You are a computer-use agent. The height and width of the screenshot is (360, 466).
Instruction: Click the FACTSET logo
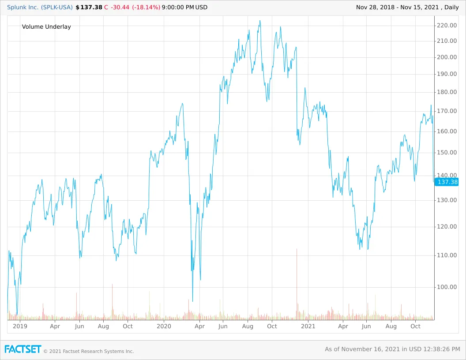pyautogui.click(x=23, y=349)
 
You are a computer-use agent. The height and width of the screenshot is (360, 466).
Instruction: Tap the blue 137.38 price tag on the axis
pyautogui.click(x=447, y=182)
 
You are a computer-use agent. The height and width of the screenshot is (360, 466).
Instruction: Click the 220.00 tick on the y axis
pyautogui.click(x=447, y=25)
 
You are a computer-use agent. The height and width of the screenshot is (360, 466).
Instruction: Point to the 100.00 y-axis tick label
pyautogui.click(x=447, y=287)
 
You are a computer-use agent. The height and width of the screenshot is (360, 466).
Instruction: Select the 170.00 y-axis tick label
pyautogui.click(x=447, y=111)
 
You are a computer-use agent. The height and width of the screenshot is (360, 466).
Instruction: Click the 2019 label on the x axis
pyautogui.click(x=20, y=326)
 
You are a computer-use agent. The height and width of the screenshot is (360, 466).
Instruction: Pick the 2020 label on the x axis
pyautogui.click(x=164, y=326)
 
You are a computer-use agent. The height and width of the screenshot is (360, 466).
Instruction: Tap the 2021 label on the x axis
pyautogui.click(x=308, y=326)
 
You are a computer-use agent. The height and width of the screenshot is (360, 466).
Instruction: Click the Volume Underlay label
pyautogui.click(x=46, y=26)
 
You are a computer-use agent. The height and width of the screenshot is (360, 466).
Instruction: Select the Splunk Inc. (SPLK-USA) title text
pyautogui.click(x=40, y=7)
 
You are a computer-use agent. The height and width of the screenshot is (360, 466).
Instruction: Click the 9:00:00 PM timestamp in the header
pyautogui.click(x=178, y=7)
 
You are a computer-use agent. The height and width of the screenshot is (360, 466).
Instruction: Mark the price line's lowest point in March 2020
pyautogui.click(x=193, y=301)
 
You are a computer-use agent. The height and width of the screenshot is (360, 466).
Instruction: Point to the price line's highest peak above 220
pyautogui.click(x=260, y=21)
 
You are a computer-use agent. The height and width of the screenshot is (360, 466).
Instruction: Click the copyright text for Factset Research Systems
pyautogui.click(x=88, y=351)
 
